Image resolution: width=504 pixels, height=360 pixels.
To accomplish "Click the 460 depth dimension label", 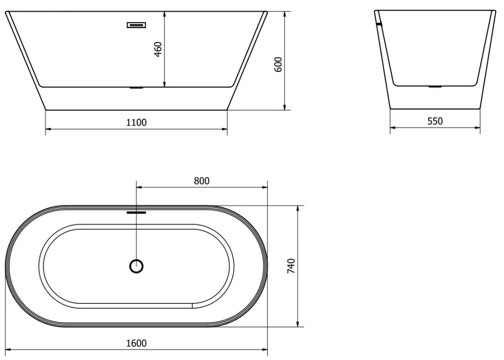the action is pos(158,49).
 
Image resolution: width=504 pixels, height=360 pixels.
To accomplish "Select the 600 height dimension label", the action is pos(279,65).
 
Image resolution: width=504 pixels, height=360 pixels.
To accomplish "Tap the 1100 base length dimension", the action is pos(136,123).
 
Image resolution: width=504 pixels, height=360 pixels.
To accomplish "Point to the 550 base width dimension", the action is pos(435,121).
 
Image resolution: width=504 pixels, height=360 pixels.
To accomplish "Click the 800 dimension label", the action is pos(201,181).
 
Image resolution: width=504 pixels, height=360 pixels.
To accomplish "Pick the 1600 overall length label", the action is pos(136,343).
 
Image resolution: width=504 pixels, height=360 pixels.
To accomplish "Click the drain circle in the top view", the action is pos(136,266).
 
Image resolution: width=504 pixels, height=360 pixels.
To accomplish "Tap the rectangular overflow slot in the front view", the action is pos(136,25).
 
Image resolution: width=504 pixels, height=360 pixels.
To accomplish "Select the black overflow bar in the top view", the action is pos(136,213).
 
